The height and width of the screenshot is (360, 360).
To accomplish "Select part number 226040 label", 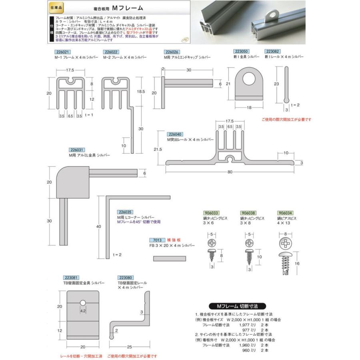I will pyautogui.click(x=175, y=134).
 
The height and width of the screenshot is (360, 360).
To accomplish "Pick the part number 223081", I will pyautogui.click(x=71, y=277).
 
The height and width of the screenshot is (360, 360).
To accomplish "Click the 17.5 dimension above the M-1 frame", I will pyautogui.click(x=70, y=70).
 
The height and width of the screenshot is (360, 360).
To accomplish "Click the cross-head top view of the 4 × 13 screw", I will pyautogui.click(x=286, y=243).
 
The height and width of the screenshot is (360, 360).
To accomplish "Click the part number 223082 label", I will pyautogui.click(x=272, y=52).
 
